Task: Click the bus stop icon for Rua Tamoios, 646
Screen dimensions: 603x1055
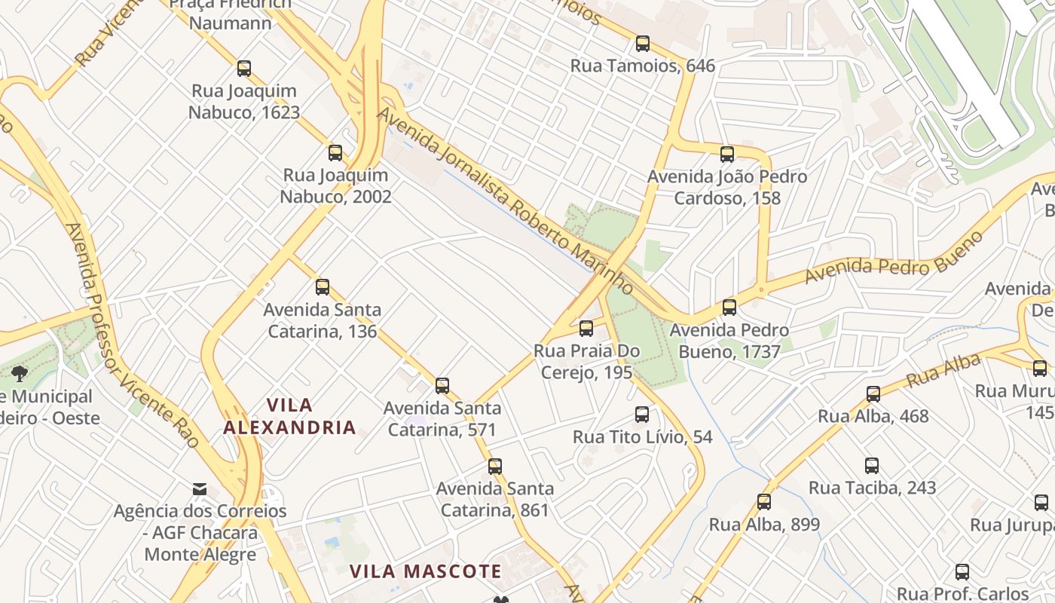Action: click(642, 44)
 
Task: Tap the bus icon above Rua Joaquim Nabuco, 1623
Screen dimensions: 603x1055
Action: click(243, 69)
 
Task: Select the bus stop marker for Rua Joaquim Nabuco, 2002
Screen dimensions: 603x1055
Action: click(335, 153)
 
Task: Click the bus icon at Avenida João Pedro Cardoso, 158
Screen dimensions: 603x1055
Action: click(727, 155)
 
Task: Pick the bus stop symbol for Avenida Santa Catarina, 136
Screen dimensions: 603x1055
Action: click(323, 287)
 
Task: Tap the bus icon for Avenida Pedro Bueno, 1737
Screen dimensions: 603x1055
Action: click(729, 308)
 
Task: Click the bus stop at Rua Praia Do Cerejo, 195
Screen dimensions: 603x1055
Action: click(586, 329)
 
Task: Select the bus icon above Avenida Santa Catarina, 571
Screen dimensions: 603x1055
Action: click(442, 386)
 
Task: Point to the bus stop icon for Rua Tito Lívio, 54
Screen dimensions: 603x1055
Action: click(642, 415)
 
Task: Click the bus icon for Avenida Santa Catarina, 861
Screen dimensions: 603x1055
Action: click(494, 466)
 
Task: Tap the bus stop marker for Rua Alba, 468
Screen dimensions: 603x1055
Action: click(873, 393)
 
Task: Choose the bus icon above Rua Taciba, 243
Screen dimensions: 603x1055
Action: click(872, 466)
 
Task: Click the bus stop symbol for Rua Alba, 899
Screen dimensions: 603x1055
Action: click(764, 502)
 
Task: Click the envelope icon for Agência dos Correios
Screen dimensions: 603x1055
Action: click(200, 489)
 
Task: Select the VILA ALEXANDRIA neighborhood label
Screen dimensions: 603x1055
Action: click(289, 416)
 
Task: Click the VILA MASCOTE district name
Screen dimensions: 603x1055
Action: click(426, 571)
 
